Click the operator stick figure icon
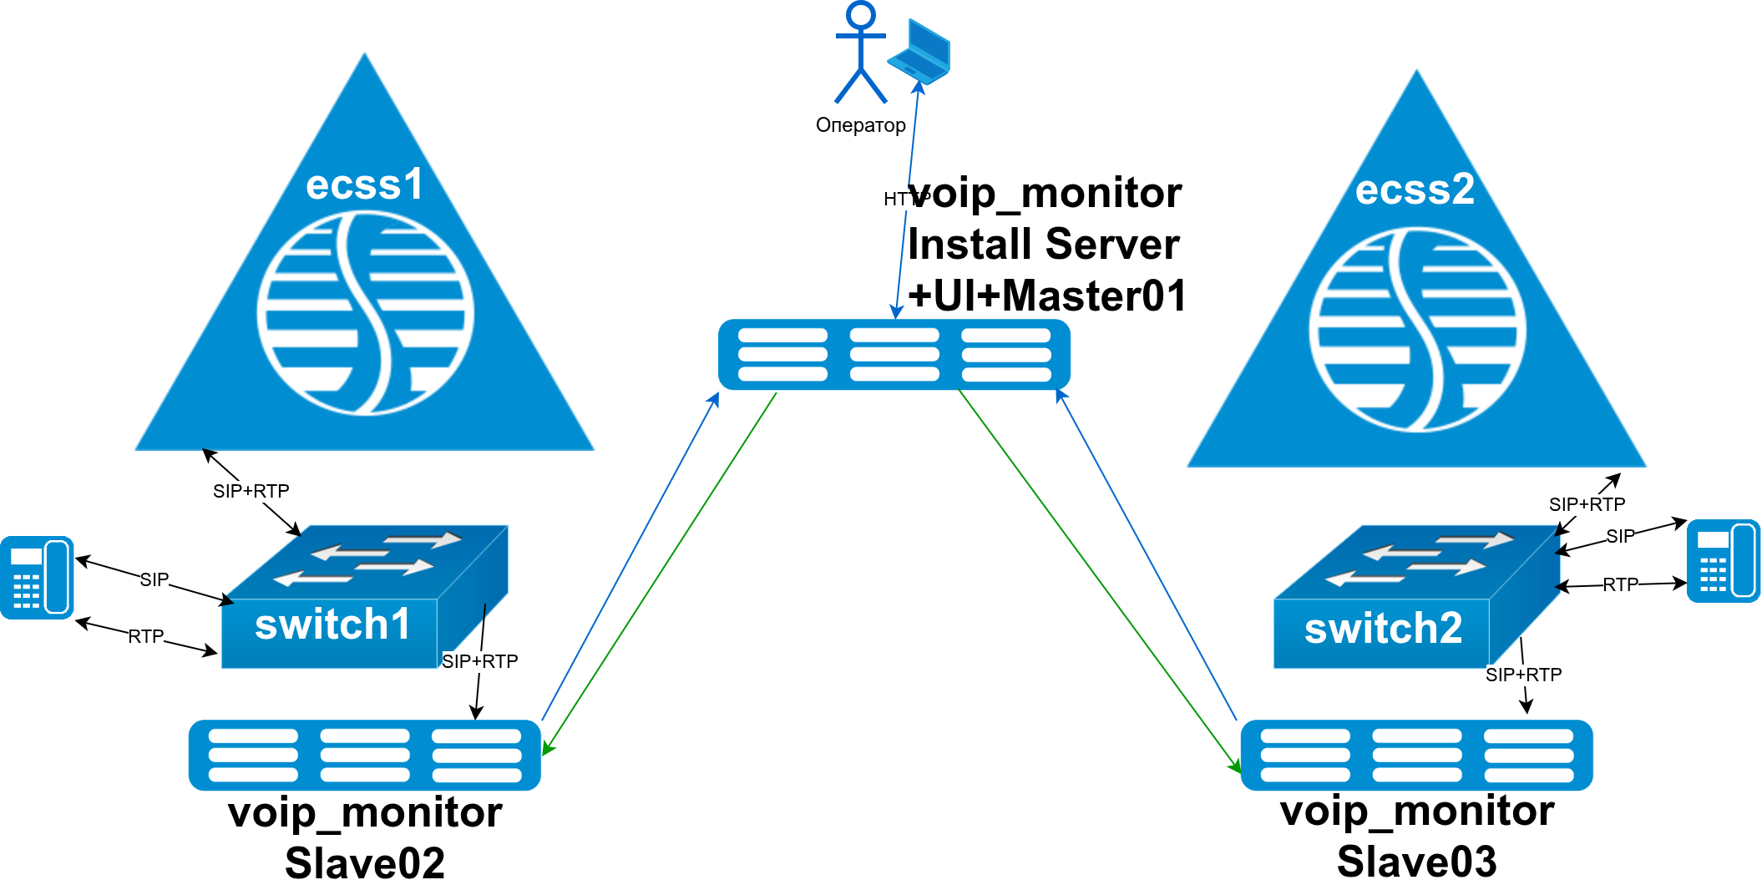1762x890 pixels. pos(860,52)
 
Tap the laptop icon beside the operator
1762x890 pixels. pos(919,52)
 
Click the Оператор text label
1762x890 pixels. pos(860,125)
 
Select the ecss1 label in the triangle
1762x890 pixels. pos(365,185)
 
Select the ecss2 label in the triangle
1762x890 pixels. pos(1415,190)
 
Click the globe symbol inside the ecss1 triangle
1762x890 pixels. pos(366,313)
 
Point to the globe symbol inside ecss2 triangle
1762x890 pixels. pos(1417,330)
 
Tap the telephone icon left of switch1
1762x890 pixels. pos(38,578)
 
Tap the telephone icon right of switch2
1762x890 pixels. pos(1723,561)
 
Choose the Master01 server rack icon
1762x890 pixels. pos(894,355)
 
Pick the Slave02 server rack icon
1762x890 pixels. pos(365,755)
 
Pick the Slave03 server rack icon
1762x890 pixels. pos(1416,755)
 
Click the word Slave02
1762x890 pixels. pos(365,863)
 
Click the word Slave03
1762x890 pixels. pos(1416,862)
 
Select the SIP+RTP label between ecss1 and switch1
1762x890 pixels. pos(251,491)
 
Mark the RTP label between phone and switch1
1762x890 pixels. pos(145,636)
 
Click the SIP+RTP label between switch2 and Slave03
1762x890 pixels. pos(1523,675)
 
